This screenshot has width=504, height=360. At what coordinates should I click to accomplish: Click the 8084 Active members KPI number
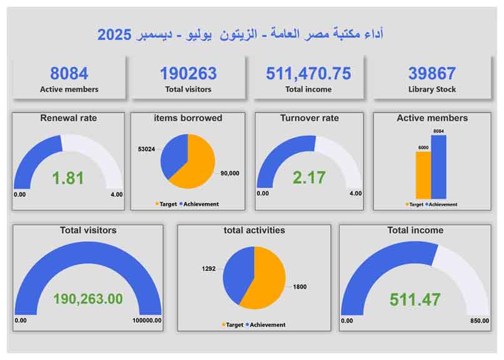[69, 74]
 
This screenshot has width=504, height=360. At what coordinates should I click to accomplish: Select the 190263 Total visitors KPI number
[188, 74]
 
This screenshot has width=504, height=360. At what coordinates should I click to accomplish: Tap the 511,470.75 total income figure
[309, 74]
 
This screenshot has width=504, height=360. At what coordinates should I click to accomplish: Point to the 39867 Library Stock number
[432, 74]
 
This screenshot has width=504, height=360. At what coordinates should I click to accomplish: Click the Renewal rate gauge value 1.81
[67, 178]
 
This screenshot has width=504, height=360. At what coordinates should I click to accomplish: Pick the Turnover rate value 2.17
[309, 177]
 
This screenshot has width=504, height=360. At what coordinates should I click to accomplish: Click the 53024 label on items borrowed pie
[147, 149]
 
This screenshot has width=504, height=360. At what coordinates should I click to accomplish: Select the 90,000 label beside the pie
[230, 174]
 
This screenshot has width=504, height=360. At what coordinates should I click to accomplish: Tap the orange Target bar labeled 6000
[423, 174]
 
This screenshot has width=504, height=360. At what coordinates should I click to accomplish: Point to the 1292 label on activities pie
[208, 269]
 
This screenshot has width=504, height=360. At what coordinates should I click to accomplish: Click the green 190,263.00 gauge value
[88, 299]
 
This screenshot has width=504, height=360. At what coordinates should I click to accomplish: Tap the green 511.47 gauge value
[415, 299]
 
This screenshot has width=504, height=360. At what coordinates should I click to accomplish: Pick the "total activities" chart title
[254, 230]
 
